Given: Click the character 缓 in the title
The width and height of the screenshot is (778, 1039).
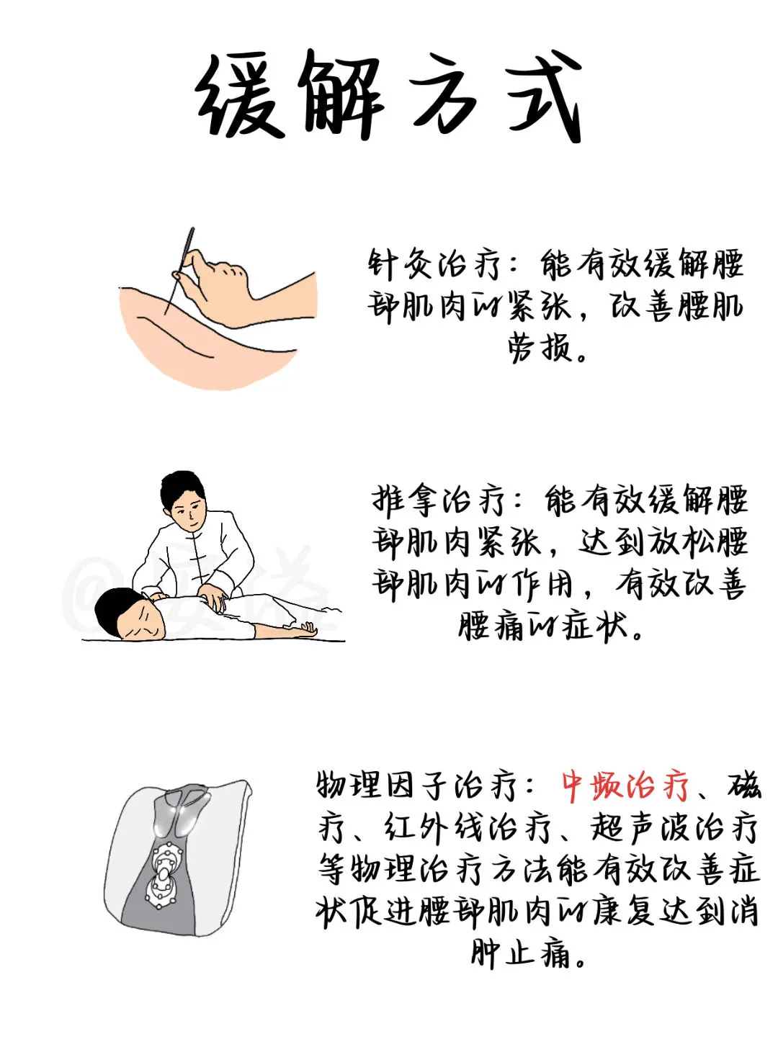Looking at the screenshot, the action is (x=241, y=97).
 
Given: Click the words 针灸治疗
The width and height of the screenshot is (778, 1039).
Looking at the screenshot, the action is (x=434, y=264).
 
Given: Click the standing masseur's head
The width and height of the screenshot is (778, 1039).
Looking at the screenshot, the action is (x=184, y=500).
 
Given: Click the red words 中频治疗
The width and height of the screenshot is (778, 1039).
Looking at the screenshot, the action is (x=625, y=786).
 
